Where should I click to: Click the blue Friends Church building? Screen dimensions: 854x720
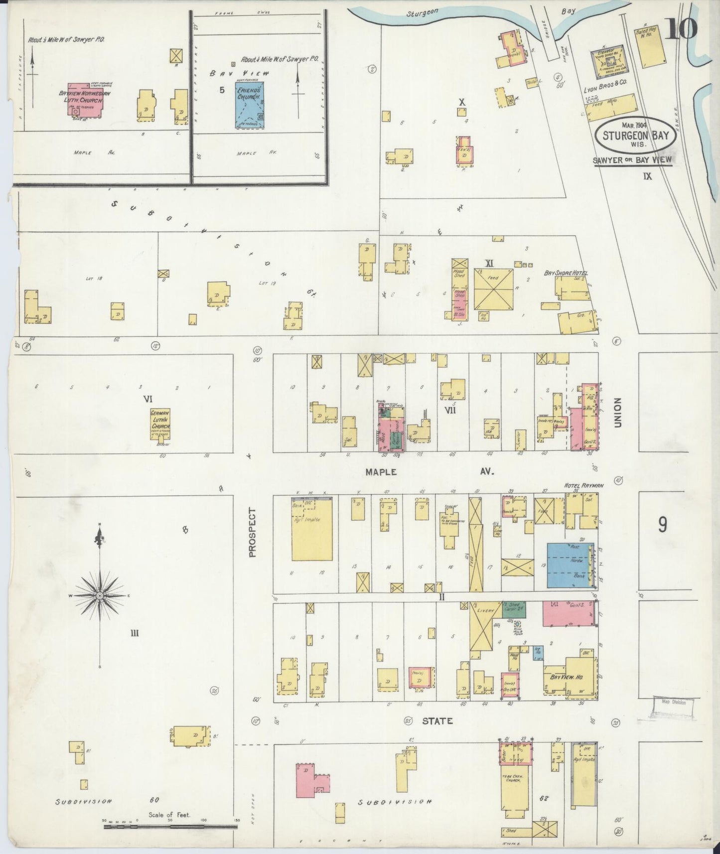pyautogui.click(x=249, y=105)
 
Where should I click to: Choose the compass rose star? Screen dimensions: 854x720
pyautogui.click(x=100, y=596)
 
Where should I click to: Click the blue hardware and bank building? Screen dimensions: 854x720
pyautogui.click(x=570, y=565)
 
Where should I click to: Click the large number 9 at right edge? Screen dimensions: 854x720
pyautogui.click(x=662, y=525)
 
